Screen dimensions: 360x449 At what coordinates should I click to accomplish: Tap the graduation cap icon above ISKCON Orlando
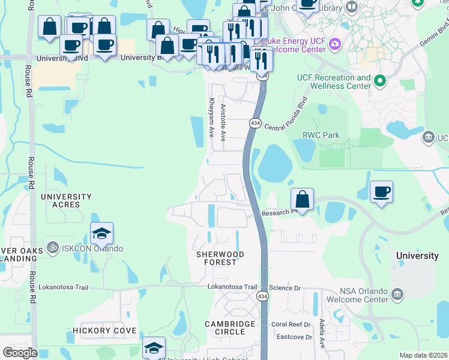102,233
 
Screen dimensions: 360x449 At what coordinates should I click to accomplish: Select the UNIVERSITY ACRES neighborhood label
66,200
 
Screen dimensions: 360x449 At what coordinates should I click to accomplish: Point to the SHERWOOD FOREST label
220,259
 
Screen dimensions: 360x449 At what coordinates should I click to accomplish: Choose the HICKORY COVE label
104,331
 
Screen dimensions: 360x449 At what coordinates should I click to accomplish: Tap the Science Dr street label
284,288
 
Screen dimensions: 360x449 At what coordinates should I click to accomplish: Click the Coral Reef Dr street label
291,325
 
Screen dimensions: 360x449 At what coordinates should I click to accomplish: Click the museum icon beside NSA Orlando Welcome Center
397,294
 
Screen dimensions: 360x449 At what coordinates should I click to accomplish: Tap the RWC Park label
321,136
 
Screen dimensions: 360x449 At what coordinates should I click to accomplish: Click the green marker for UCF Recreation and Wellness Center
379,80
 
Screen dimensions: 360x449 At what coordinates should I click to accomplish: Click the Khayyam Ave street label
211,118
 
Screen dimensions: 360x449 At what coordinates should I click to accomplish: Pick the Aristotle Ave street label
223,122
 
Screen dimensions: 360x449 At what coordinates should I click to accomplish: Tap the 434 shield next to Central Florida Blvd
256,123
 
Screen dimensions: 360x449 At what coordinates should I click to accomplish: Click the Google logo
20,353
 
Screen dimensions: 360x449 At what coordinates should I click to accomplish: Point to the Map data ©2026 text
423,355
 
